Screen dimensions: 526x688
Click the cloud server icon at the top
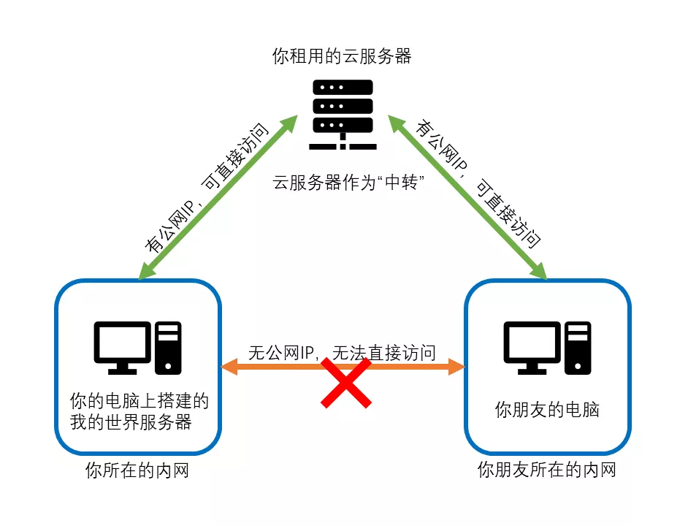click(343, 115)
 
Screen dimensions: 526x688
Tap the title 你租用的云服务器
click(342, 56)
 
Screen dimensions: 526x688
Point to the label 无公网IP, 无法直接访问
click(342, 353)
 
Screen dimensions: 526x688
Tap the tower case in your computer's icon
click(169, 348)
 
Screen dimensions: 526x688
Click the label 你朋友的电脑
click(547, 410)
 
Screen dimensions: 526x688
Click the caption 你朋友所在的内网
click(546, 469)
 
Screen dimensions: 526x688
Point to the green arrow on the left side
click(218, 197)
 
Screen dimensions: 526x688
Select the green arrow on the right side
click(467, 197)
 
